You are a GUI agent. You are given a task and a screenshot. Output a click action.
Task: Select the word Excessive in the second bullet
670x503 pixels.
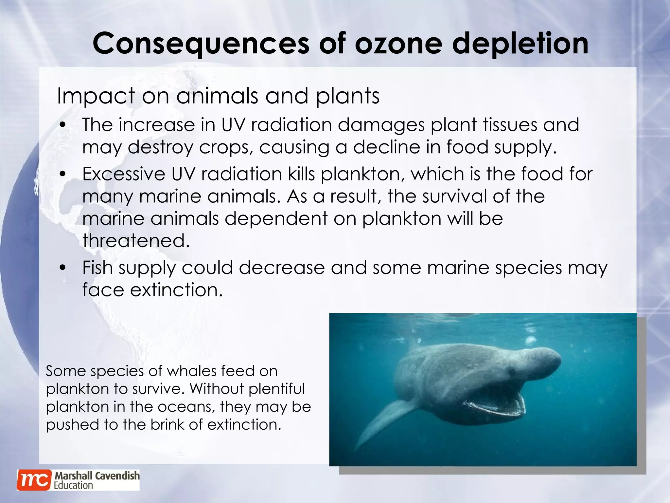coord(124,174)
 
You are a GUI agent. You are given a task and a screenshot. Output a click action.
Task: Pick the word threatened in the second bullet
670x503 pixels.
coord(136,241)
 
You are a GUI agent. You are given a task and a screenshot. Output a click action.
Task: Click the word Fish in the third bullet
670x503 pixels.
coord(97,268)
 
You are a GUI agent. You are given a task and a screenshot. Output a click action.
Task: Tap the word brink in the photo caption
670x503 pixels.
coord(167,424)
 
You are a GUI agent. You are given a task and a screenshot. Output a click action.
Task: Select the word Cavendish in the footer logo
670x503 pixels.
coord(117,475)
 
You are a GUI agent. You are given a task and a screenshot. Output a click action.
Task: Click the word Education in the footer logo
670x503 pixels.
coord(73,485)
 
